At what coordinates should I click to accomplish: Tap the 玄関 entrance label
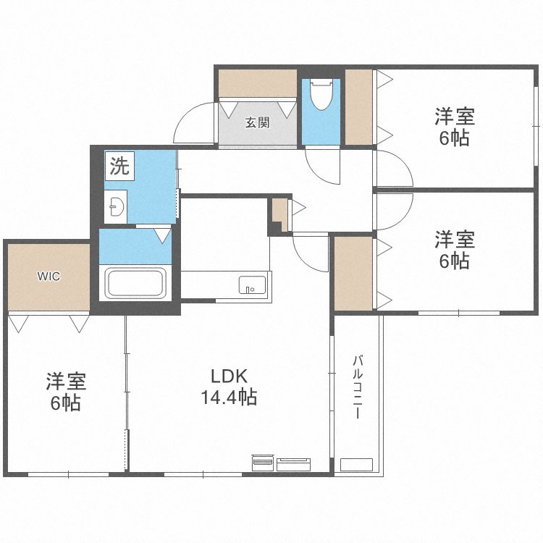pyautogui.click(x=257, y=122)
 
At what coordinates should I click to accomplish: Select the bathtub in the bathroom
pyautogui.click(x=137, y=282)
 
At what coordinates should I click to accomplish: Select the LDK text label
pyautogui.click(x=229, y=376)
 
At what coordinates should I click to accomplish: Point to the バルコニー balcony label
pyautogui.click(x=358, y=387)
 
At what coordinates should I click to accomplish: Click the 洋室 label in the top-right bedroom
pyautogui.click(x=454, y=116)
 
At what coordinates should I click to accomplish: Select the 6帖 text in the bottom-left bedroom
pyautogui.click(x=65, y=403)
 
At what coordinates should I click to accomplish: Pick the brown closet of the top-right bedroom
pyautogui.click(x=358, y=106)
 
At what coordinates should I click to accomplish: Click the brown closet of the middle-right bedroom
pyautogui.click(x=353, y=273)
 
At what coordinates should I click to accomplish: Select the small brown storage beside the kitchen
pyautogui.click(x=279, y=214)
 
